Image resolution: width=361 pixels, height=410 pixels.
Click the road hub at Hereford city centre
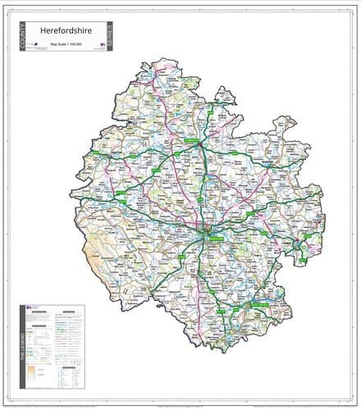coord(206,231)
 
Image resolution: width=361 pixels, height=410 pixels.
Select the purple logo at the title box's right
coord(101,46)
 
